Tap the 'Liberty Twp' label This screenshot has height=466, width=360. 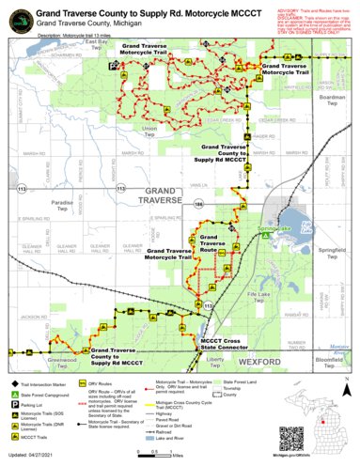point(215,361)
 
